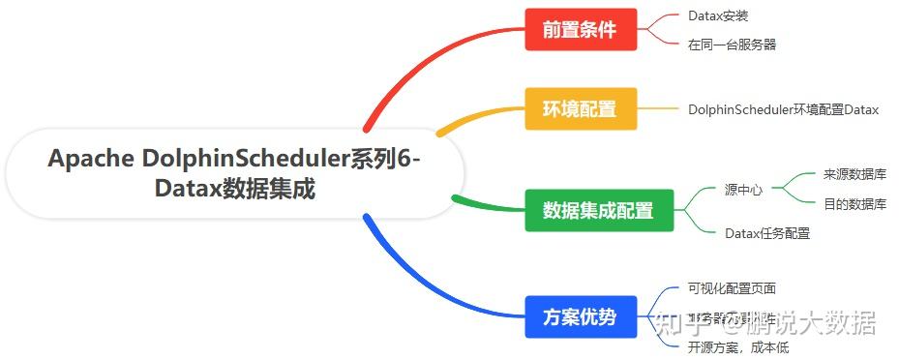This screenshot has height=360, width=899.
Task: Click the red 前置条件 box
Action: point(581,29)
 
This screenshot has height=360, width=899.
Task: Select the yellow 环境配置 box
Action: point(581,108)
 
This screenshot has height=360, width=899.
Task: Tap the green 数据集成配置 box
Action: point(598,210)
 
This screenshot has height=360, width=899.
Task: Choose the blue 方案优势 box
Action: point(581,316)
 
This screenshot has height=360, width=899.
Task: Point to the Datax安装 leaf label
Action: point(718,16)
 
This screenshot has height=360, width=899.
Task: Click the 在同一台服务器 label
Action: point(732,44)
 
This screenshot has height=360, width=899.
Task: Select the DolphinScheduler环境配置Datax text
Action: point(783,109)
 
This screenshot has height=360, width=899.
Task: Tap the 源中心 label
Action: point(743,190)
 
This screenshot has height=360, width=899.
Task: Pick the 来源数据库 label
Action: point(854,174)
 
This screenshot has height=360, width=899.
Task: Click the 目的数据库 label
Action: point(854,204)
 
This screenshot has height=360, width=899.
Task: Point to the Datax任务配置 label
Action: point(767,233)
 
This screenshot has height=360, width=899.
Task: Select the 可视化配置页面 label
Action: point(732,288)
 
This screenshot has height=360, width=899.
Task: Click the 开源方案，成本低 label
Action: point(738,346)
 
